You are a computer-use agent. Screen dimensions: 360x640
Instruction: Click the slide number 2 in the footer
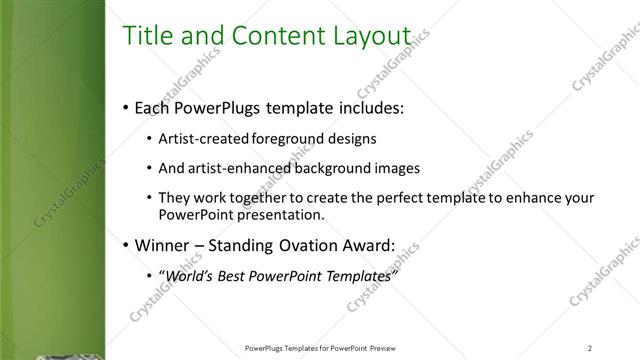(x=590, y=348)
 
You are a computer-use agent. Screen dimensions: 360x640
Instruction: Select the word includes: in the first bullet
(x=371, y=107)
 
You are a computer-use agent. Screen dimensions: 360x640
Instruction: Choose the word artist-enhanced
(x=235, y=167)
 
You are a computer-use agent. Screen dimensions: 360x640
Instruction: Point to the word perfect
(x=368, y=198)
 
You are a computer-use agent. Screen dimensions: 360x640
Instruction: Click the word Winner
(x=160, y=244)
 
